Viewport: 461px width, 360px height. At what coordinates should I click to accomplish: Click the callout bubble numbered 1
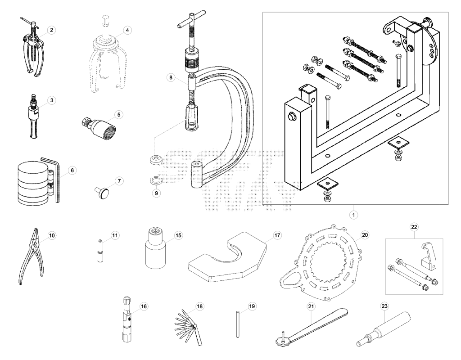[x=354, y=215]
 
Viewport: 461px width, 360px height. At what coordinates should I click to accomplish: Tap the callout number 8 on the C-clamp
[x=171, y=77]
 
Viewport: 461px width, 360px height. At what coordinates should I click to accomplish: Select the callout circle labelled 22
[x=414, y=227]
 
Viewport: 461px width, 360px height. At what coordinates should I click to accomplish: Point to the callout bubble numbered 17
[x=277, y=235]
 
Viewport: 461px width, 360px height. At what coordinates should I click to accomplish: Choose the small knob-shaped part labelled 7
[x=102, y=193]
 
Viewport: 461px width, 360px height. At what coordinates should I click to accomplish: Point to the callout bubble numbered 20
[x=365, y=235]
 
